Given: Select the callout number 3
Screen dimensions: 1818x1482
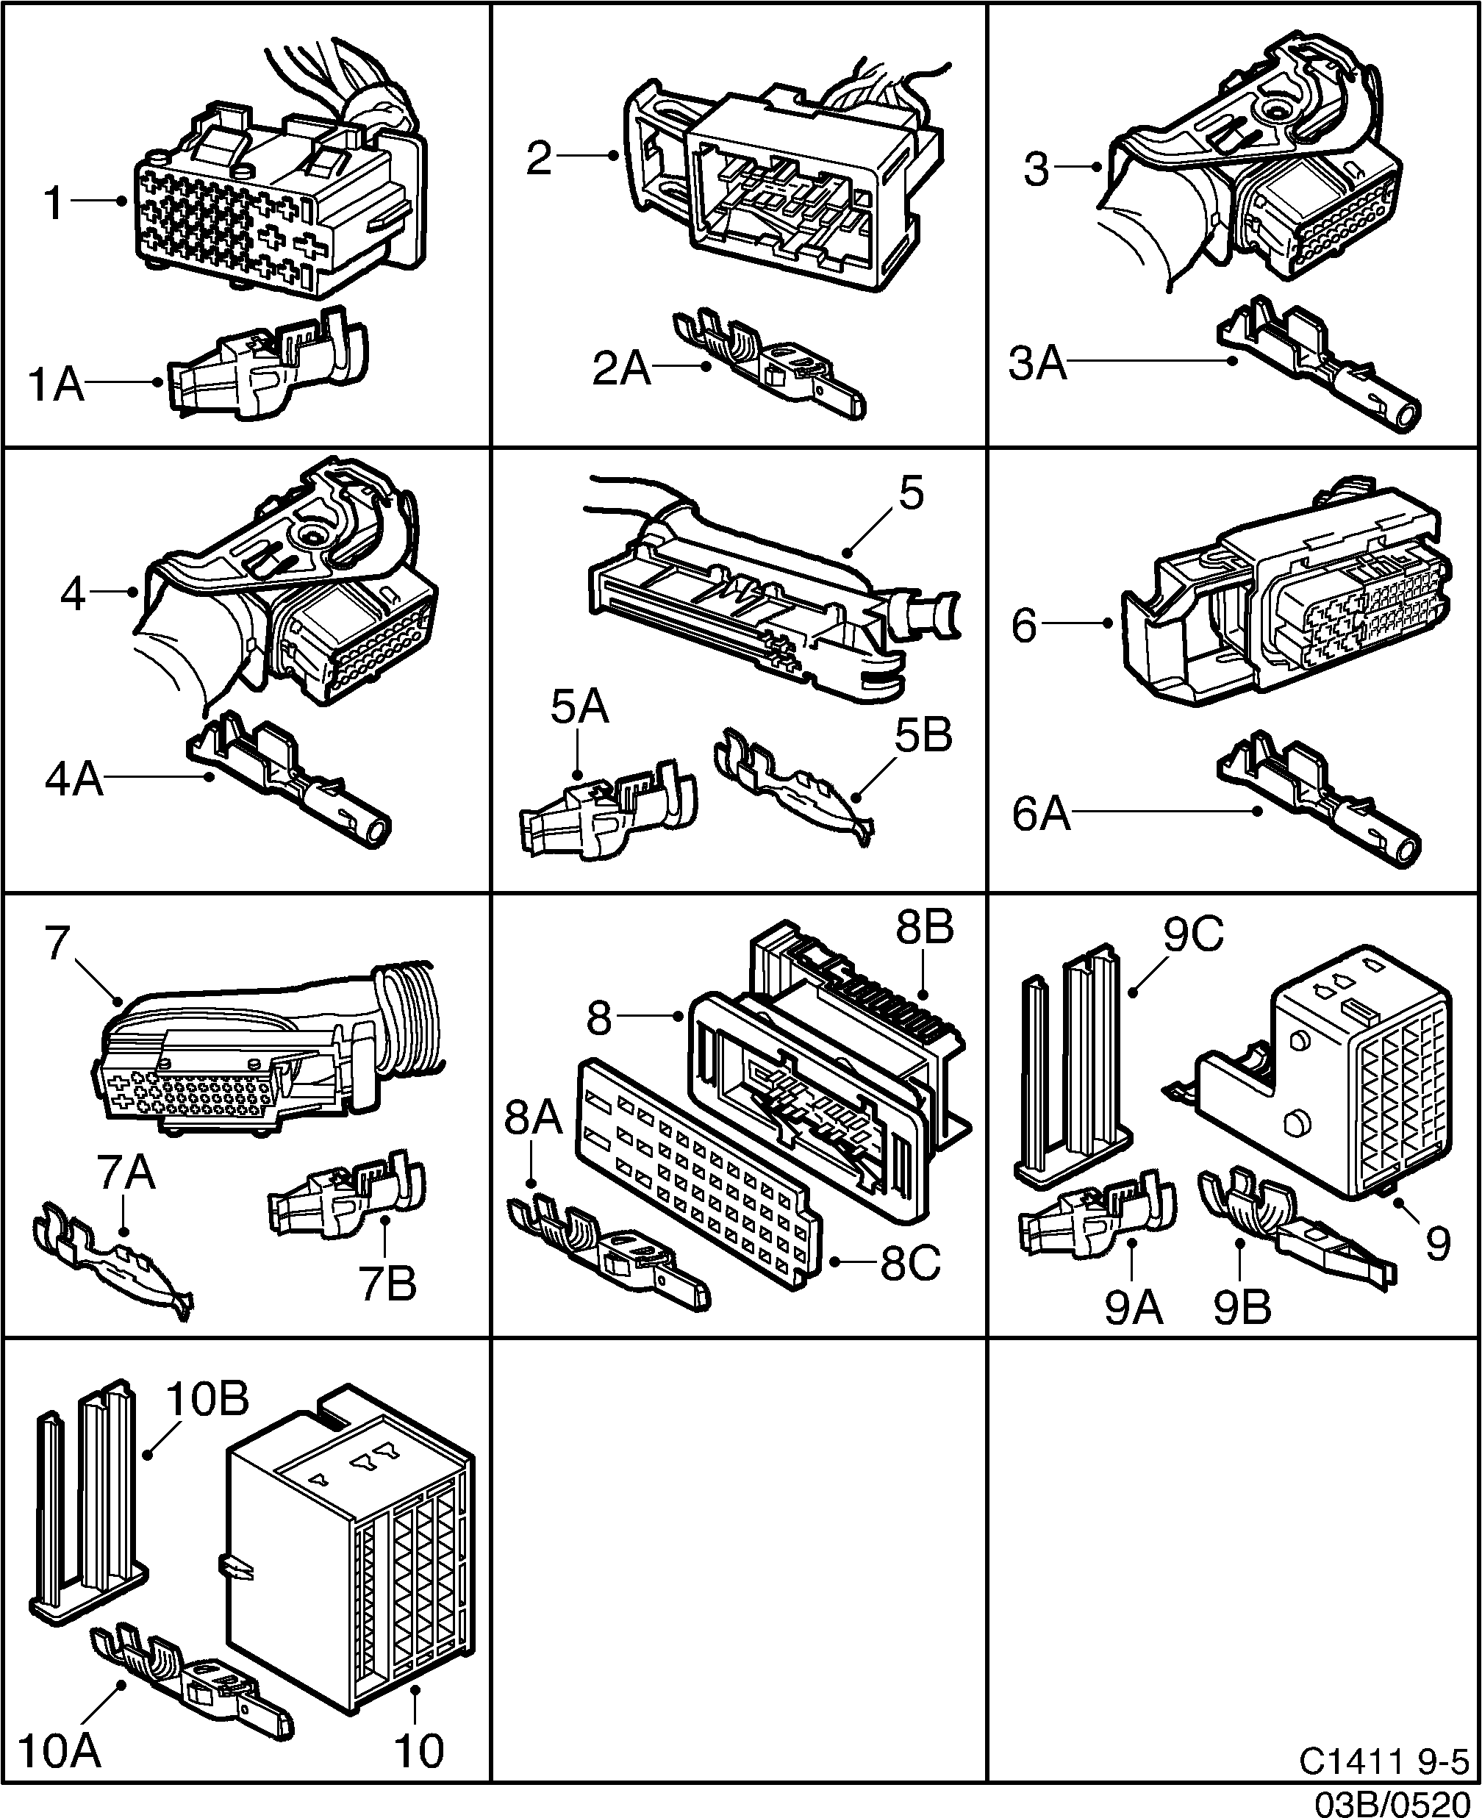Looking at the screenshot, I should pyautogui.click(x=1036, y=169).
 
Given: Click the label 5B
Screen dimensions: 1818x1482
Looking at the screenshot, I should pyautogui.click(x=923, y=735).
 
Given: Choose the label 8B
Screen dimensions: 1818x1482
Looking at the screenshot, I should pyautogui.click(x=925, y=927).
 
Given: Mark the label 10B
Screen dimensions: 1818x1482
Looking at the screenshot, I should pyautogui.click(x=207, y=1399).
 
